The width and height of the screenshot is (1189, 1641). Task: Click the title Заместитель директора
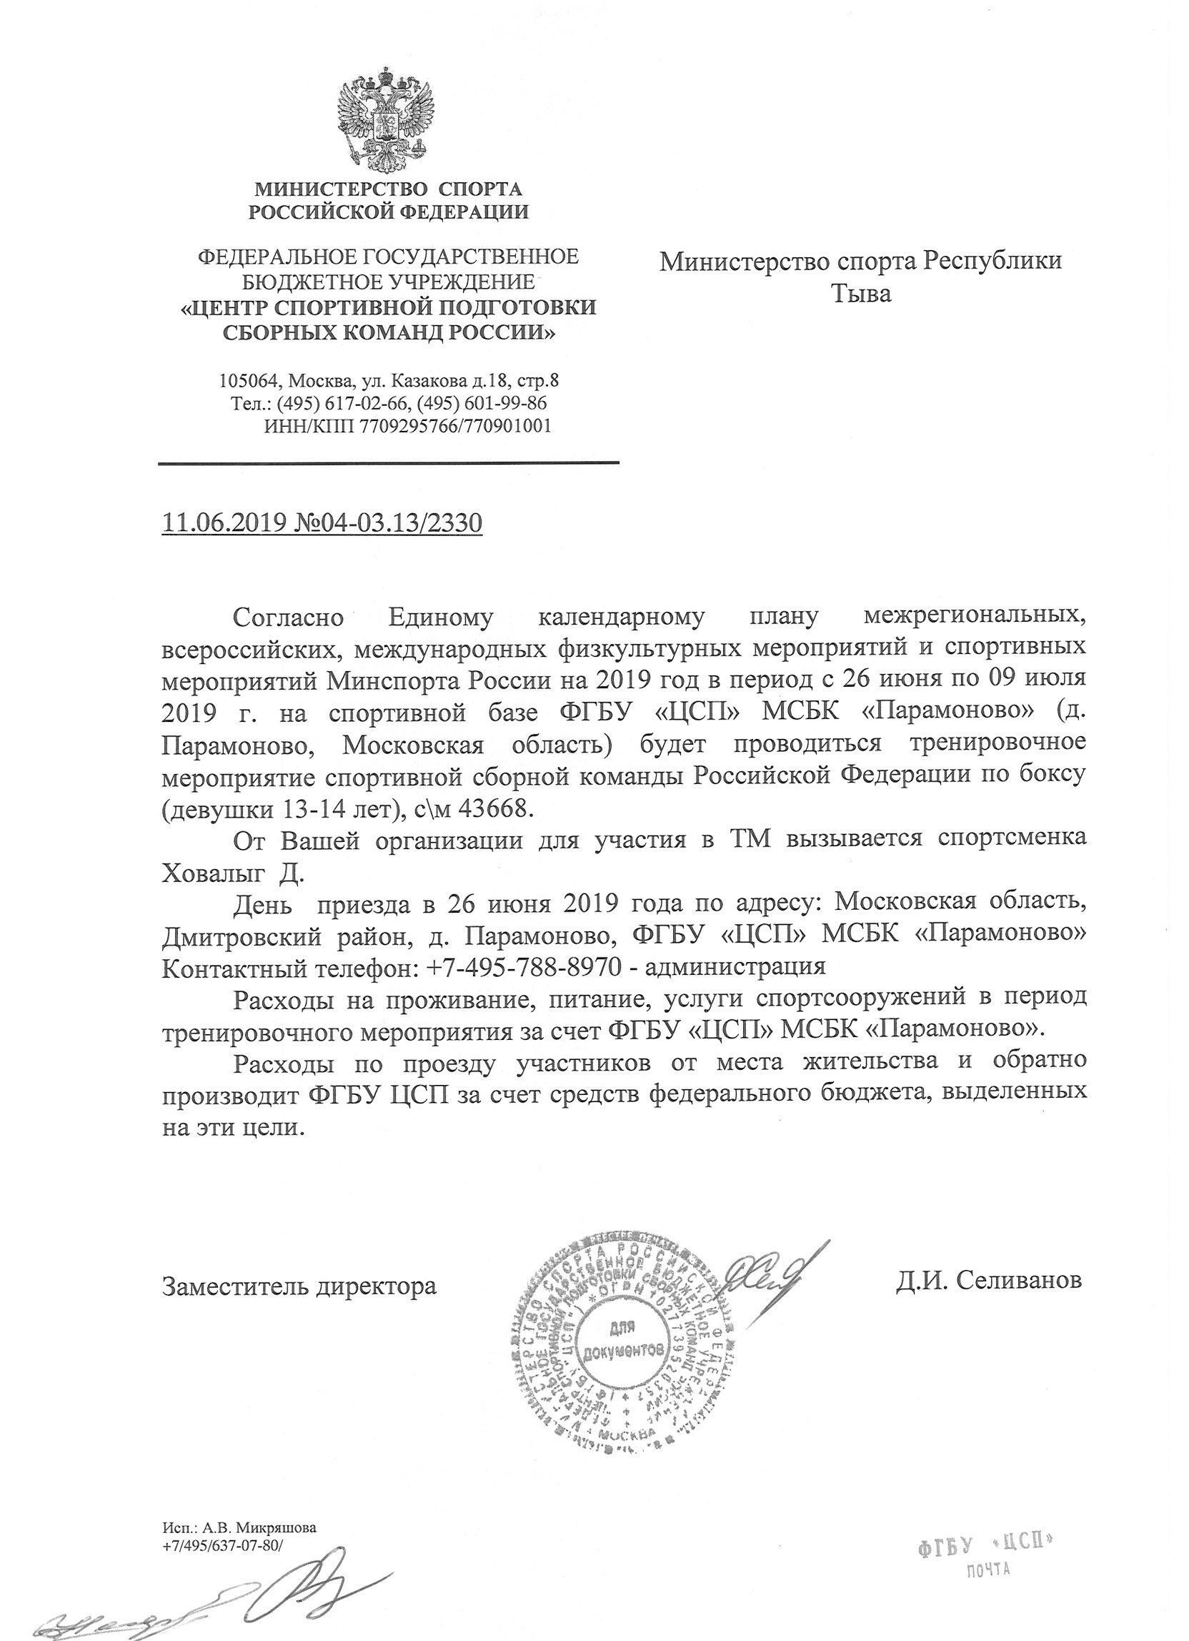point(299,1286)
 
